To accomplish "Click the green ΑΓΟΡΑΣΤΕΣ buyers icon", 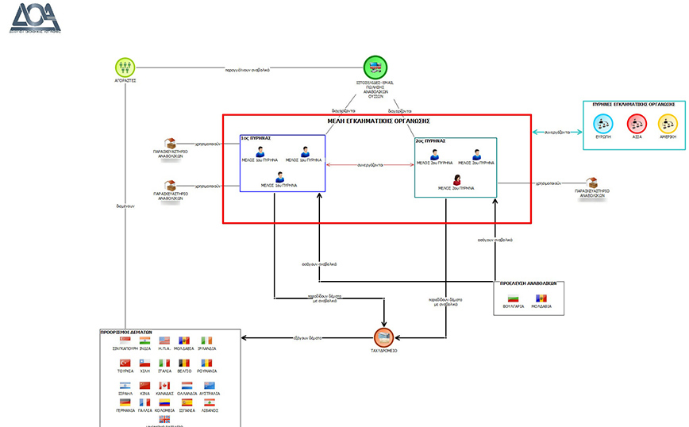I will (125, 66).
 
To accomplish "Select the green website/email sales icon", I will (375, 67).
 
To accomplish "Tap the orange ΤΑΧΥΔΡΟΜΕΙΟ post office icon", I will (384, 337).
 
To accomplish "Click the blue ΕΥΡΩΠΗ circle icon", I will (604, 123).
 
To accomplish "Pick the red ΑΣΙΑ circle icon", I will (637, 123).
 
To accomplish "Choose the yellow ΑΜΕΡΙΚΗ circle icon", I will (669, 123).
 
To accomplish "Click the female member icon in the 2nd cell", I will (456, 179).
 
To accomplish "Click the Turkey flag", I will (125, 363).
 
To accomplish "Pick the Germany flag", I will (125, 402).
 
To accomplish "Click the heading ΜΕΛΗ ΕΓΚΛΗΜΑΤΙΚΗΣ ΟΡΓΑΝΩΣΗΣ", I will (379, 121).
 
